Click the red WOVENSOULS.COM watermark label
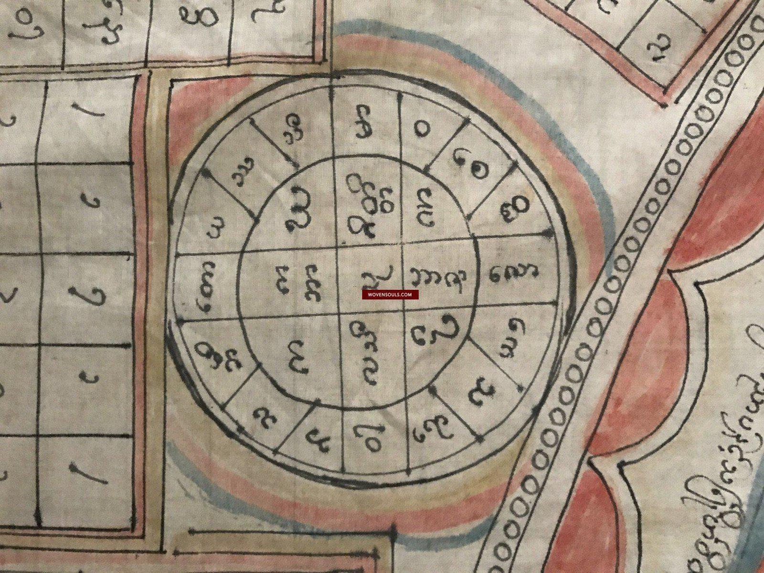pyautogui.click(x=390, y=295)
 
